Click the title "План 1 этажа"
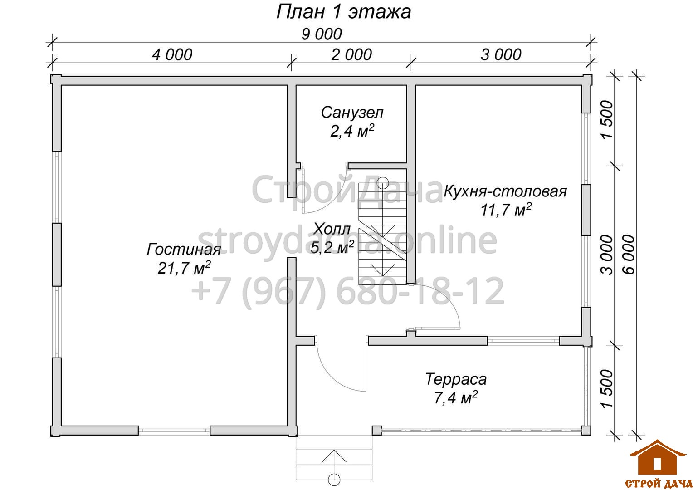(343, 12)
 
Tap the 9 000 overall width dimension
(322, 34)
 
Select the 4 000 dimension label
(172, 55)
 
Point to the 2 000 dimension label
(351, 55)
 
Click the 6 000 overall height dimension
(629, 255)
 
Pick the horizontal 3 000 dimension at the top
(501, 55)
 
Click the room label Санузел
(352, 113)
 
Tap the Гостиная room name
(184, 249)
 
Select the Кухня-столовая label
(505, 191)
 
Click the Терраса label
(456, 379)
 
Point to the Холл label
(332, 229)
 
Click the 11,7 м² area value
(506, 210)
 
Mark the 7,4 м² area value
(456, 397)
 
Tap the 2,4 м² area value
(352, 131)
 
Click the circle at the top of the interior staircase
(383, 183)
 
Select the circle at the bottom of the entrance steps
(334, 480)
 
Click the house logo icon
(657, 458)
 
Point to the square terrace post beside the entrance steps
(376, 431)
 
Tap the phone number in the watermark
(348, 291)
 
